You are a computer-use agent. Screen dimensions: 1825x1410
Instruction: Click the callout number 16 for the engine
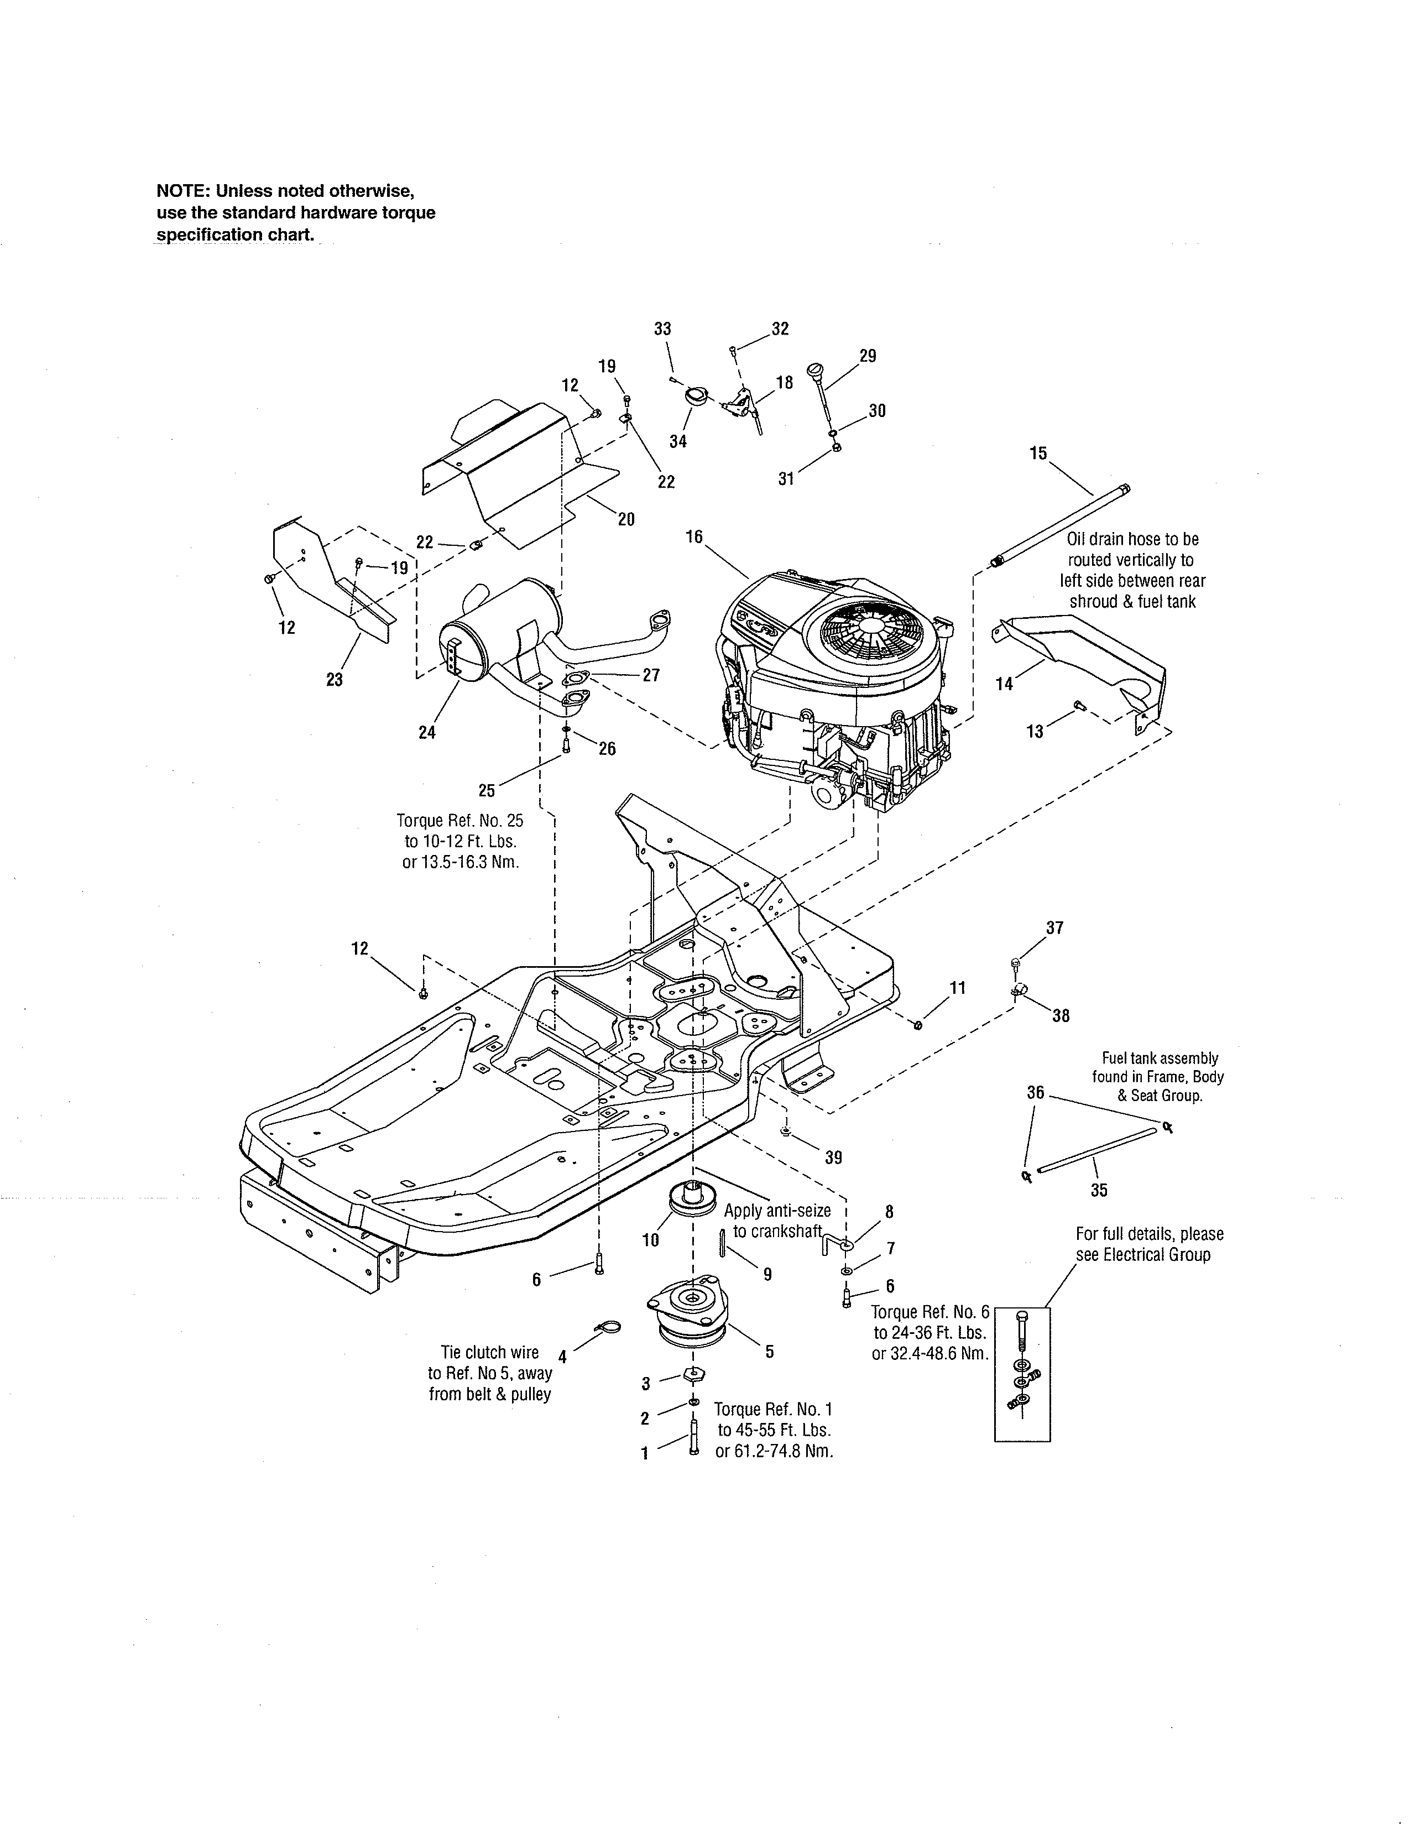694,536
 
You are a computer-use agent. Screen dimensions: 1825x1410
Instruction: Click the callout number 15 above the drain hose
1038,453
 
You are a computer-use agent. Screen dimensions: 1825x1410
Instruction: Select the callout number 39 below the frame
833,1157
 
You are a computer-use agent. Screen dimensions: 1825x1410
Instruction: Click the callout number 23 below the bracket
334,679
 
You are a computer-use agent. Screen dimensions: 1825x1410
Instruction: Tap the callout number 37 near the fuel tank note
1055,927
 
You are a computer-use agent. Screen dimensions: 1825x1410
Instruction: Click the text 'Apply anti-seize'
777,1211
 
